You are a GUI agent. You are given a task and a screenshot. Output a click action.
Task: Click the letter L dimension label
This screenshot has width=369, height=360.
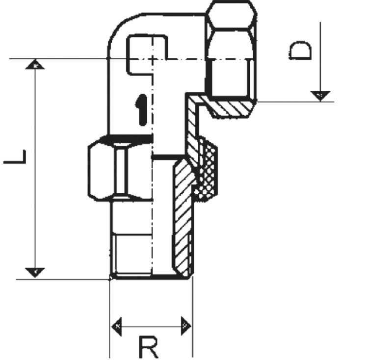point(15,157)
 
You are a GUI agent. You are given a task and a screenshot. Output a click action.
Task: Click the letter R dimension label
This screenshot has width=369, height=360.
point(149,347)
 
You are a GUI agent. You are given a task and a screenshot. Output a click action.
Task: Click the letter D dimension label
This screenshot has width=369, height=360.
point(300,51)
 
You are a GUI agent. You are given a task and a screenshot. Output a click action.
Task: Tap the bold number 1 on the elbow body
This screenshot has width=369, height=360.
point(141,110)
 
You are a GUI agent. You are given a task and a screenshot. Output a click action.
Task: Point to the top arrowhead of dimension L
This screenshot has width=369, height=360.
point(35,64)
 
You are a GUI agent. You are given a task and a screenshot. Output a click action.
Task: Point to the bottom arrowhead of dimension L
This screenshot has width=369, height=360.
point(35,273)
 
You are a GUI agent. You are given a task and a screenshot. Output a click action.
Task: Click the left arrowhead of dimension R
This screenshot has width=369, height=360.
point(116,326)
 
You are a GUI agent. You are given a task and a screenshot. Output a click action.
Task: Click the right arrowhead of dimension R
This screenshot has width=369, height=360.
point(186,326)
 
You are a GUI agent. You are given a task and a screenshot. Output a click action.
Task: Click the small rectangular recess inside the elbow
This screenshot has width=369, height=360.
point(147,54)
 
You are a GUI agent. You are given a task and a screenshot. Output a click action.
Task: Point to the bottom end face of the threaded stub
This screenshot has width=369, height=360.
point(151,277)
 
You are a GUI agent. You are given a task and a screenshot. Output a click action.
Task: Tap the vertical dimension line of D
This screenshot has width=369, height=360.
point(320,62)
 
